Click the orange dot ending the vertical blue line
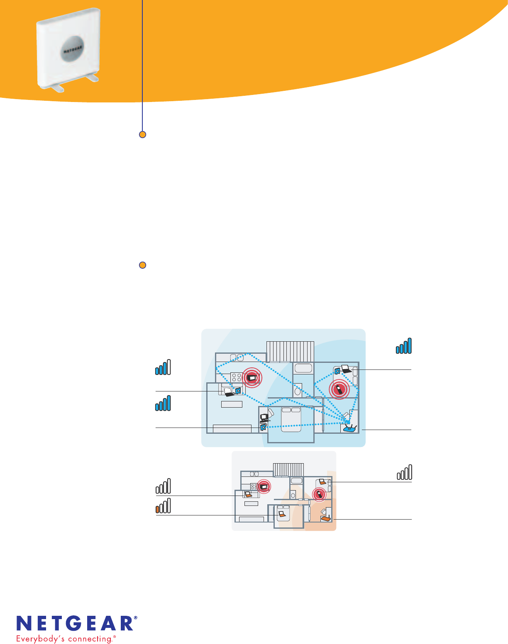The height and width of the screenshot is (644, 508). (x=142, y=134)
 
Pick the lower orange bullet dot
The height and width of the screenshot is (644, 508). (x=142, y=265)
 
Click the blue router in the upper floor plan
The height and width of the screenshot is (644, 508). (x=349, y=428)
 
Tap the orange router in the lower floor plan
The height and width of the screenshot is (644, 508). (x=326, y=518)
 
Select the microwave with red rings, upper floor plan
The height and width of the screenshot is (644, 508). (x=252, y=378)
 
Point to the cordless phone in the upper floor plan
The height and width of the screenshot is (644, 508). (x=339, y=389)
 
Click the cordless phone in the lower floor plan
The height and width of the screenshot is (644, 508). (x=319, y=494)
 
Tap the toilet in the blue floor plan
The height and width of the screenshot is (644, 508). (x=298, y=391)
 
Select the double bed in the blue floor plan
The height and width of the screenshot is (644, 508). (x=291, y=419)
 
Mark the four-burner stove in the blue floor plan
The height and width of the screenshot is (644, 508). (x=237, y=377)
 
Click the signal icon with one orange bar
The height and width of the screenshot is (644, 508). (x=163, y=506)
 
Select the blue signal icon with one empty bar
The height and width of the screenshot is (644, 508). (x=163, y=368)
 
